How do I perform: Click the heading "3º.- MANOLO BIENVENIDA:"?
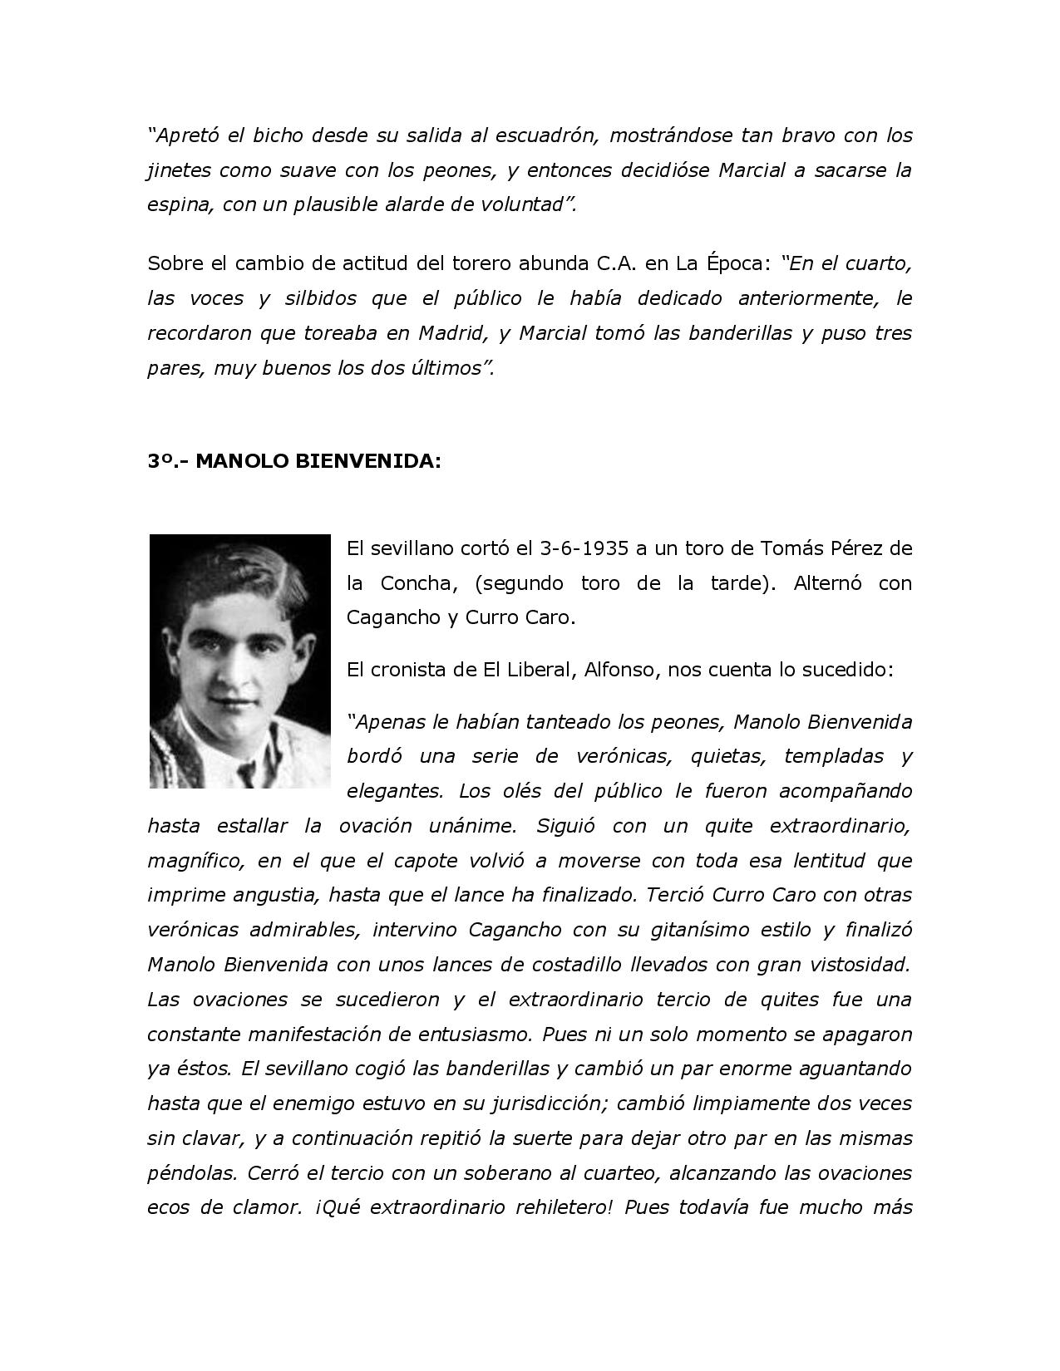click(293, 461)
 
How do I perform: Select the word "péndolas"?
click(189, 1173)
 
